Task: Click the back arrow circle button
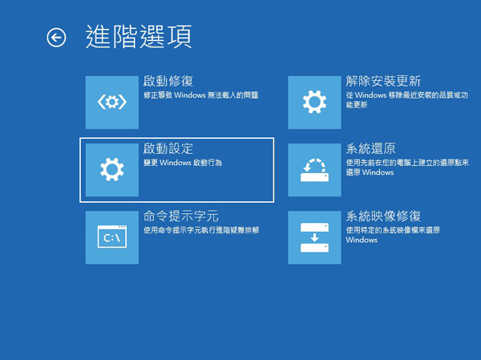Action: pyautogui.click(x=56, y=38)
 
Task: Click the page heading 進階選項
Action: pyautogui.click(x=139, y=37)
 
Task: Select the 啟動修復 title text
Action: pyautogui.click(x=168, y=81)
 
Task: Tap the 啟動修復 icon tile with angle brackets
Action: pyautogui.click(x=112, y=103)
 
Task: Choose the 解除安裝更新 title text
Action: pyautogui.click(x=383, y=81)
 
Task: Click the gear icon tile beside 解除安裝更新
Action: pyautogui.click(x=314, y=103)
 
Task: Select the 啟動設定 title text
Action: pyautogui.click(x=168, y=148)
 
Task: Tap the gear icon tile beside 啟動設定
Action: pyautogui.click(x=112, y=170)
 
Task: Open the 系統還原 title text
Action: pyautogui.click(x=370, y=148)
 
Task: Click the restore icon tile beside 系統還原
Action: pyautogui.click(x=314, y=170)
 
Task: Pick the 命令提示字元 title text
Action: pyautogui.click(x=181, y=216)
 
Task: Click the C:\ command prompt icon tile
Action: pyautogui.click(x=112, y=237)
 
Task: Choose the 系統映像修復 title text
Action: pyautogui.click(x=383, y=216)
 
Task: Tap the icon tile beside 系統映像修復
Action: pyautogui.click(x=314, y=237)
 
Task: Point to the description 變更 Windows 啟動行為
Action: pyautogui.click(x=183, y=163)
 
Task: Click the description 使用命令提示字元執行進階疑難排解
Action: pyautogui.click(x=201, y=230)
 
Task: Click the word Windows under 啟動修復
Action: pyautogui.click(x=190, y=95)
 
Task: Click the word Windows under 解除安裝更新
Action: pyautogui.click(x=370, y=95)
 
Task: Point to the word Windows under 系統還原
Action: pyautogui.click(x=378, y=172)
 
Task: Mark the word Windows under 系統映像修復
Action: pyautogui.click(x=362, y=240)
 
